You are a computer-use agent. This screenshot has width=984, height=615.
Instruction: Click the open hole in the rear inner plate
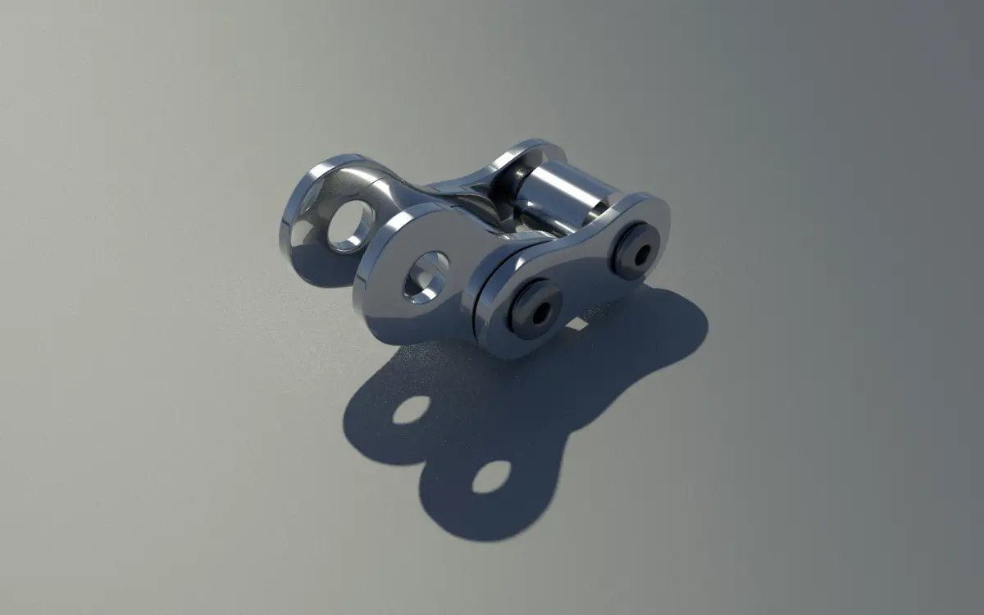[351, 223]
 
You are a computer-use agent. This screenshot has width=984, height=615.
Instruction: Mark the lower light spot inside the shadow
[491, 476]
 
